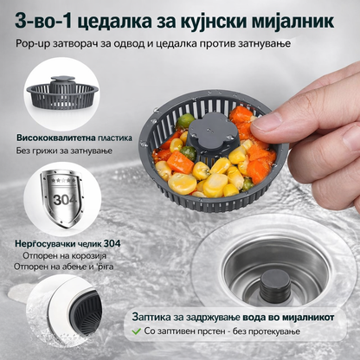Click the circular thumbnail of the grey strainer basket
click(x=60, y=94)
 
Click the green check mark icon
click(x=138, y=331)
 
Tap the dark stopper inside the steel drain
click(x=275, y=280)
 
